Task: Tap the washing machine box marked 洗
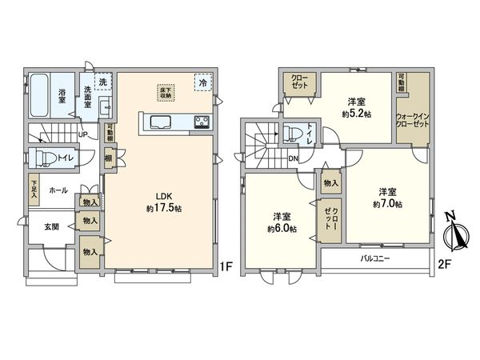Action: coord(102,81)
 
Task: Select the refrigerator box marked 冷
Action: coord(204,81)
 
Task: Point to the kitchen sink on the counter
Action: coord(158,122)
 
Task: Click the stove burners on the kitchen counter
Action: coord(201,122)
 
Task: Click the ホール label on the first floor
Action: coord(58,190)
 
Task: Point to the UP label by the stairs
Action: coord(83,134)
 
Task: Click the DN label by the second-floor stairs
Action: coord(294,158)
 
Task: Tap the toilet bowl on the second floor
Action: coord(292,133)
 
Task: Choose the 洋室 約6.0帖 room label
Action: coord(282,222)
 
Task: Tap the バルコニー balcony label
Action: coord(374,259)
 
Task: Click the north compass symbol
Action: coord(457,232)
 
